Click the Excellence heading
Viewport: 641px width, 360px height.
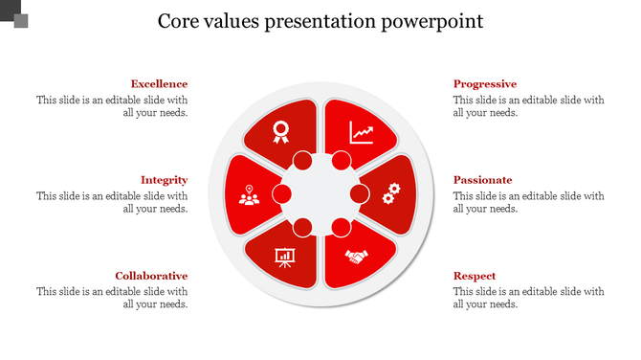[159, 84]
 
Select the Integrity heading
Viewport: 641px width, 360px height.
[164, 180]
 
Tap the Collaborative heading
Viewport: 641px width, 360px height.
[151, 276]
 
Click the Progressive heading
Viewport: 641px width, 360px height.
[485, 84]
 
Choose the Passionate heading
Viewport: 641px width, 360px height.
[483, 180]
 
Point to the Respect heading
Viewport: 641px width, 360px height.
[475, 276]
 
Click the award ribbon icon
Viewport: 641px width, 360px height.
[280, 131]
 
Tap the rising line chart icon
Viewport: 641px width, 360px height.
[362, 131]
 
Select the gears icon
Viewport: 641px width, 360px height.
[390, 194]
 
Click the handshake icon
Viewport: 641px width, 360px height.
[358, 257]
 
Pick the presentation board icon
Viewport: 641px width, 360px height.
[284, 257]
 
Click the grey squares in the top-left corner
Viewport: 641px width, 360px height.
[14, 13]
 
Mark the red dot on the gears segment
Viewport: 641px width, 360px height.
[360, 194]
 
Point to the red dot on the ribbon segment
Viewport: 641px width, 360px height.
[301, 161]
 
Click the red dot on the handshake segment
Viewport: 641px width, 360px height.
[341, 228]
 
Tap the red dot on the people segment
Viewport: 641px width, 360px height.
[281, 194]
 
